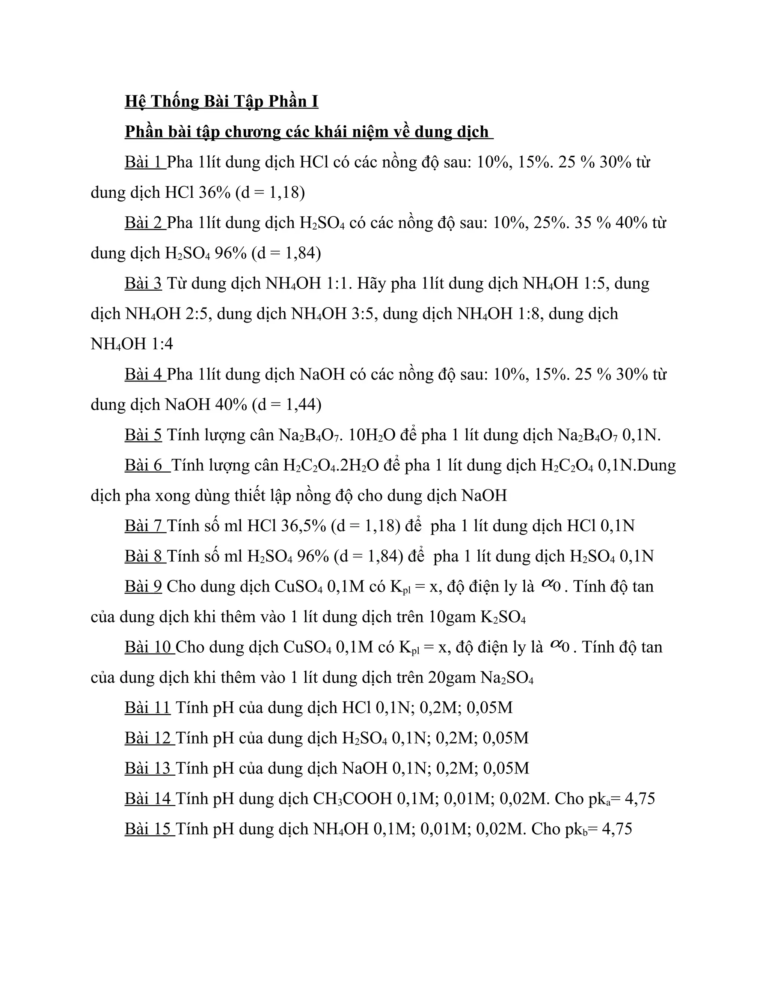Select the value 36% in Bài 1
(214, 192)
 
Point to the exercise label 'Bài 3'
(143, 283)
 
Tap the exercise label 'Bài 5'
(143, 435)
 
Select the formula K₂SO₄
(503, 617)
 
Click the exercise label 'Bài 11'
(147, 708)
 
